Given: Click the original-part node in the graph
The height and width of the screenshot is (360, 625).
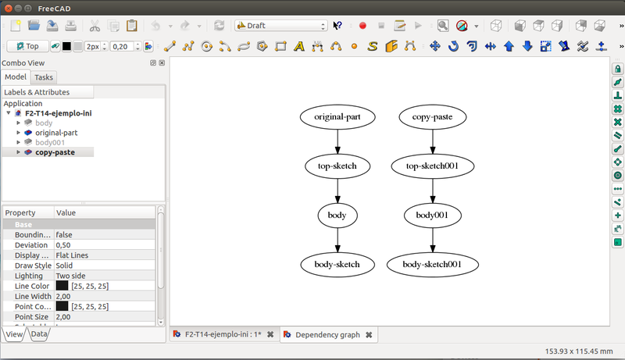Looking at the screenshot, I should tap(337, 117).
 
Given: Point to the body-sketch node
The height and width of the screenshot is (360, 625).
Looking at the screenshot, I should tap(337, 264).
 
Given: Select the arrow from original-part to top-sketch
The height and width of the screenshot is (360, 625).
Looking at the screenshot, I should tap(337, 141).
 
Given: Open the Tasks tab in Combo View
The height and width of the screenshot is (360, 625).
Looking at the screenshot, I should tap(44, 77).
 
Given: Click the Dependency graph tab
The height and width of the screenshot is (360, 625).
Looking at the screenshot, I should tap(327, 335).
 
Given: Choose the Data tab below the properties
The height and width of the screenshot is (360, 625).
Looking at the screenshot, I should tap(39, 334).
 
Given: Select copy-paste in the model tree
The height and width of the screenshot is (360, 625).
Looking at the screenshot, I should tap(55, 152).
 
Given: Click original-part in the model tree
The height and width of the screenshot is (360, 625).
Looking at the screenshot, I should tap(56, 133).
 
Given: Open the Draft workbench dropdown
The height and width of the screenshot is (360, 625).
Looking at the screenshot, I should tap(280, 26).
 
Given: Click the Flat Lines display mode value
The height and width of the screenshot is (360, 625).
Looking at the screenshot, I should tap(75, 255).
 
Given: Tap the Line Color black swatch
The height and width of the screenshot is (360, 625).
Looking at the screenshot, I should tap(62, 287).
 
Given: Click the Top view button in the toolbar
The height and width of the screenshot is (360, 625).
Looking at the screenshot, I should tap(27, 46).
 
